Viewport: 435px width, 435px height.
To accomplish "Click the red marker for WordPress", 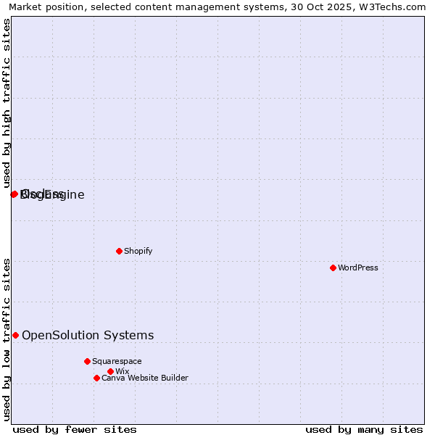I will click(333, 268).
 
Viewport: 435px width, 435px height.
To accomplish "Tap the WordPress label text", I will click(357, 268).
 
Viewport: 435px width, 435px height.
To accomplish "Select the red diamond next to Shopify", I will click(119, 251).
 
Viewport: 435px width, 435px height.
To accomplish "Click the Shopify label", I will click(138, 251).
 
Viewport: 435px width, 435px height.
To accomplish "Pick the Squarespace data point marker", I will click(87, 361).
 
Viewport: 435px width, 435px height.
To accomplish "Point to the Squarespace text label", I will click(117, 361).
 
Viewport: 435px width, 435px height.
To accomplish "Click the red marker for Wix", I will click(110, 371).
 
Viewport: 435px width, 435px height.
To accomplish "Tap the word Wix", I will click(122, 371).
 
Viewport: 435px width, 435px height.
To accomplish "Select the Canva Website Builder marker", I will click(96, 378).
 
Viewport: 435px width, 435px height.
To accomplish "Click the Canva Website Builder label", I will click(144, 378).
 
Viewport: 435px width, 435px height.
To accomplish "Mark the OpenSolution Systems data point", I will click(15, 335).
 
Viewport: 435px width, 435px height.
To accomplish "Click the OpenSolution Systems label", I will click(88, 335).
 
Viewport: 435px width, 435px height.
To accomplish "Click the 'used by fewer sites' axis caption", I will click(75, 429).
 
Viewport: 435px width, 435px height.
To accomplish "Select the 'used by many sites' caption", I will click(364, 429).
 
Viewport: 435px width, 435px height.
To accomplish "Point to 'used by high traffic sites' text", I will click(7, 103).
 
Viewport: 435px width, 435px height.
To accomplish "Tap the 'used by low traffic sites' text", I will click(7, 339).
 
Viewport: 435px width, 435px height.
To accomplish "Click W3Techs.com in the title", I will click(395, 7).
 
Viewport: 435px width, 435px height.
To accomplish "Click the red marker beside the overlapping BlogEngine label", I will click(14, 194).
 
